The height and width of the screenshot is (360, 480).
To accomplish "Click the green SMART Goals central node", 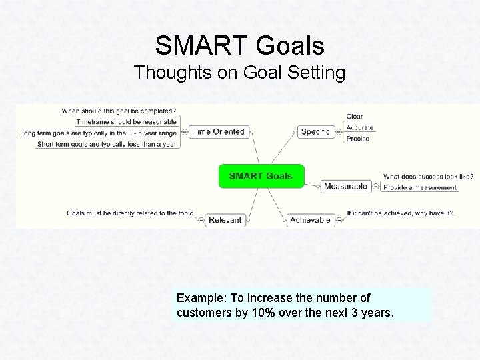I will [x=261, y=176].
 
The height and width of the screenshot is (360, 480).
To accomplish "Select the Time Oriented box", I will [x=218, y=132].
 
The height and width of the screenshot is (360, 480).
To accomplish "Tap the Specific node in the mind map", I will [x=315, y=132].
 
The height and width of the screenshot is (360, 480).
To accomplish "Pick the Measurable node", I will [x=345, y=187].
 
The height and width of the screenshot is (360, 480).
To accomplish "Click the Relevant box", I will [x=225, y=220].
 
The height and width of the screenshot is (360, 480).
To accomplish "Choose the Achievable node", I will [x=310, y=220].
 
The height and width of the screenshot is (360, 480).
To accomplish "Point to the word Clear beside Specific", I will [x=354, y=117].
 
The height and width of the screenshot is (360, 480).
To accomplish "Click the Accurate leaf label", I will [x=359, y=127].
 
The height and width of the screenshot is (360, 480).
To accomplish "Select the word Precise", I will [x=357, y=139].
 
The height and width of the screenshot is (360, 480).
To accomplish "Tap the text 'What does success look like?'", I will [x=428, y=177].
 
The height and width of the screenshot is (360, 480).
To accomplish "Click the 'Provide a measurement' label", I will [x=420, y=188].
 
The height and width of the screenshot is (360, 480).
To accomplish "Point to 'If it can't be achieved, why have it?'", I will [x=400, y=213].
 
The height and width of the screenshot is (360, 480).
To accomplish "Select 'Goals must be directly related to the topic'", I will [x=130, y=213].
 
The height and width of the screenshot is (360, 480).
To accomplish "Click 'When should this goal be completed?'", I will [x=119, y=111].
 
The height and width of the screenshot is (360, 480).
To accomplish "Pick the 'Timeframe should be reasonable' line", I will [x=126, y=122].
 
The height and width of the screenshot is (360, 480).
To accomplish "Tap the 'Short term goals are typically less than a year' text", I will [x=107, y=144].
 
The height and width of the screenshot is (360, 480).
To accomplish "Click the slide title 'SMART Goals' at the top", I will [x=240, y=46].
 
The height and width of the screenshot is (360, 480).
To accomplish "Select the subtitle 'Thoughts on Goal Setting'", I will [x=240, y=73].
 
